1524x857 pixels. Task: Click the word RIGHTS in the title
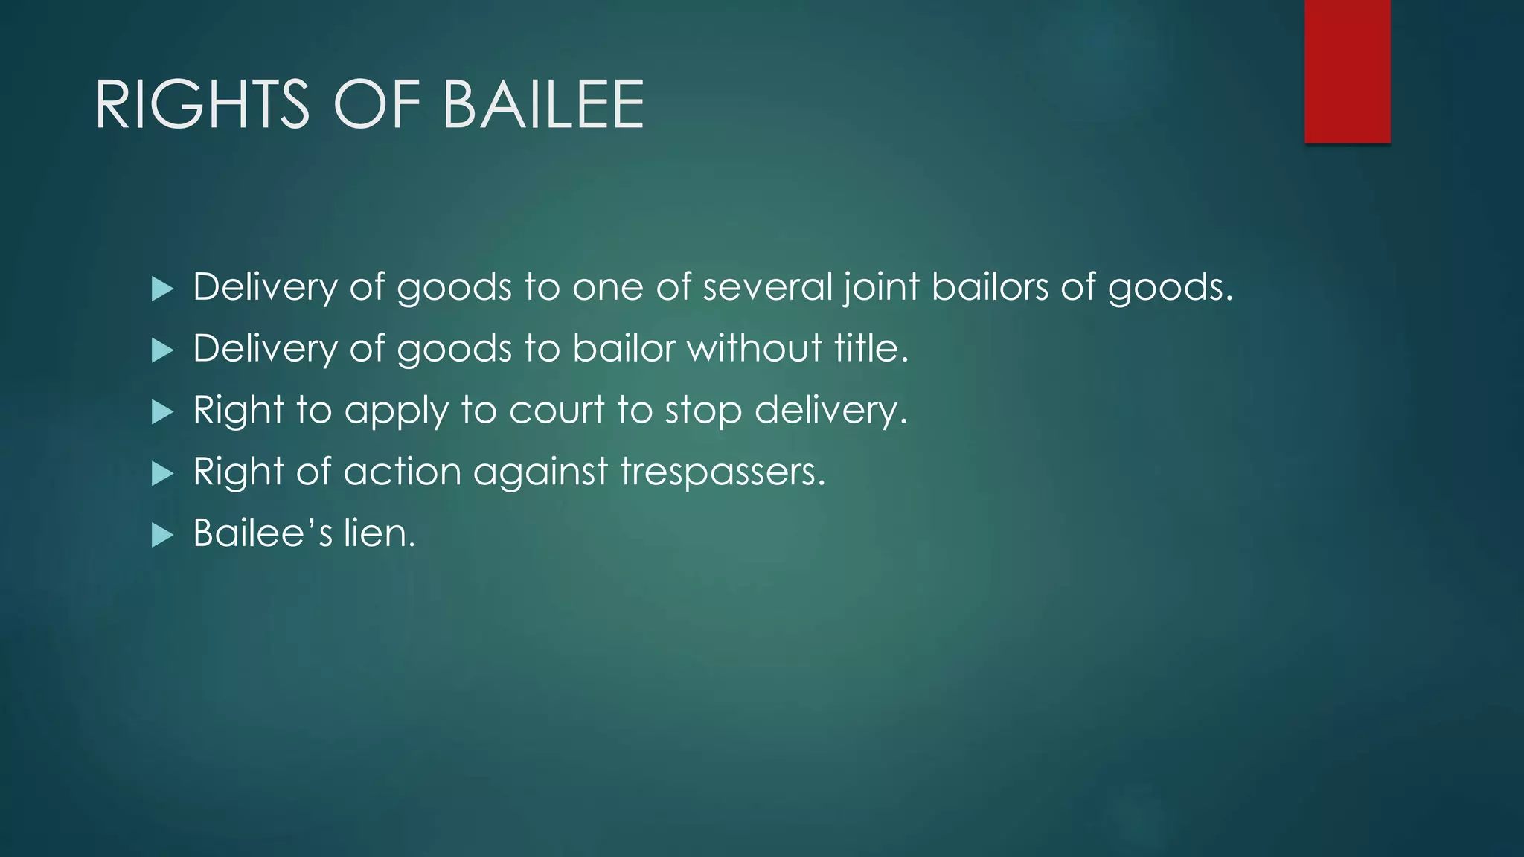tap(202, 105)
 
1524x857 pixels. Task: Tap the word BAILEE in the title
tap(543, 105)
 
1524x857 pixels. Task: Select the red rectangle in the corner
tap(1347, 71)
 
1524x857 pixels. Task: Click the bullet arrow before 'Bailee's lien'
tap(161, 535)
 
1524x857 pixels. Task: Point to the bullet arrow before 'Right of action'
tap(161, 473)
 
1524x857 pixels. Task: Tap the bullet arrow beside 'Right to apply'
tap(161, 411)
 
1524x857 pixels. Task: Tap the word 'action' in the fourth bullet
tap(402, 472)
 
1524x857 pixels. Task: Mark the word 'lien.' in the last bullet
tap(379, 533)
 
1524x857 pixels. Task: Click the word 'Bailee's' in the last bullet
tap(262, 533)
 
